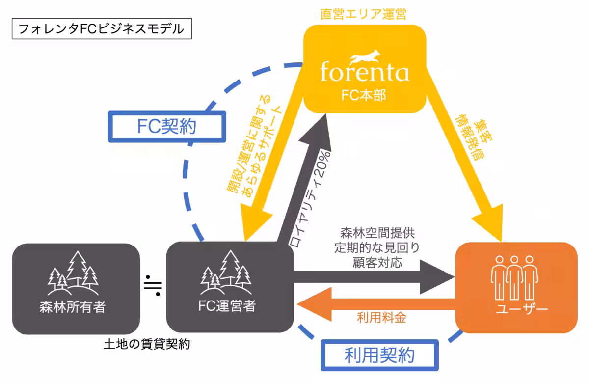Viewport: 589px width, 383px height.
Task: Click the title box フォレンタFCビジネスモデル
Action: pyautogui.click(x=101, y=29)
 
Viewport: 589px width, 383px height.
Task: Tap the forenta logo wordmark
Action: pyautogui.click(x=364, y=72)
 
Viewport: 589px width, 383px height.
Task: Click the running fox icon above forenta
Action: pyautogui.click(x=364, y=54)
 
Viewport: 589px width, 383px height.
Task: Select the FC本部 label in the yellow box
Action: pyautogui.click(x=364, y=95)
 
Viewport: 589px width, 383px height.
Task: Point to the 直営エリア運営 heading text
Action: pyautogui.click(x=364, y=13)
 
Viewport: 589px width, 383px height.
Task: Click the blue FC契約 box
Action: pyautogui.click(x=166, y=127)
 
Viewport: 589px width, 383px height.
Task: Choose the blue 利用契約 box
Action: pyautogui.click(x=379, y=355)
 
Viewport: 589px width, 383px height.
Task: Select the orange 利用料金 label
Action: pyautogui.click(x=381, y=318)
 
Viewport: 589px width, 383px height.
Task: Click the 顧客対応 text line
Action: pyautogui.click(x=377, y=262)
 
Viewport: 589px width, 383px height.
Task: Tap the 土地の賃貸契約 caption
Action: pyautogui.click(x=147, y=344)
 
